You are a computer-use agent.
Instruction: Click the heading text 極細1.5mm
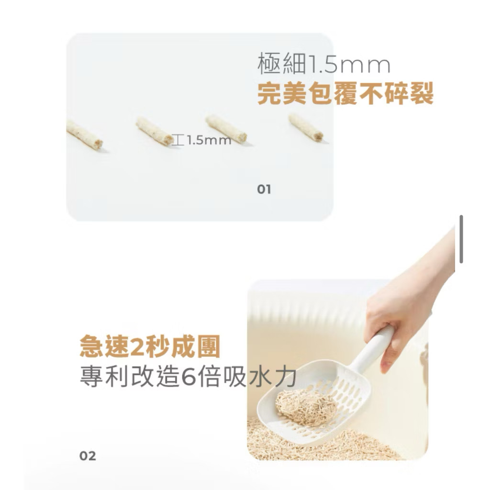pos(324,64)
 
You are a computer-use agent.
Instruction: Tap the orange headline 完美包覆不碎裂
pos(345,93)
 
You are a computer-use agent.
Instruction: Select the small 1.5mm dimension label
pos(209,140)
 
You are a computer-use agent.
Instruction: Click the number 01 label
pos(264,189)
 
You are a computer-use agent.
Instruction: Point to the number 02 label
pos(88,456)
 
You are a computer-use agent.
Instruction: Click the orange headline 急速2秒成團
pos(150,346)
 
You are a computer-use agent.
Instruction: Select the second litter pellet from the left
pos(155,131)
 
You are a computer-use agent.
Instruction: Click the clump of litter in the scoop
pos(306,407)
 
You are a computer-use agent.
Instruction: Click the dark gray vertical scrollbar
pos(461,239)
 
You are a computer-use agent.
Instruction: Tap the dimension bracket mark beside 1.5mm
pos(178,140)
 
